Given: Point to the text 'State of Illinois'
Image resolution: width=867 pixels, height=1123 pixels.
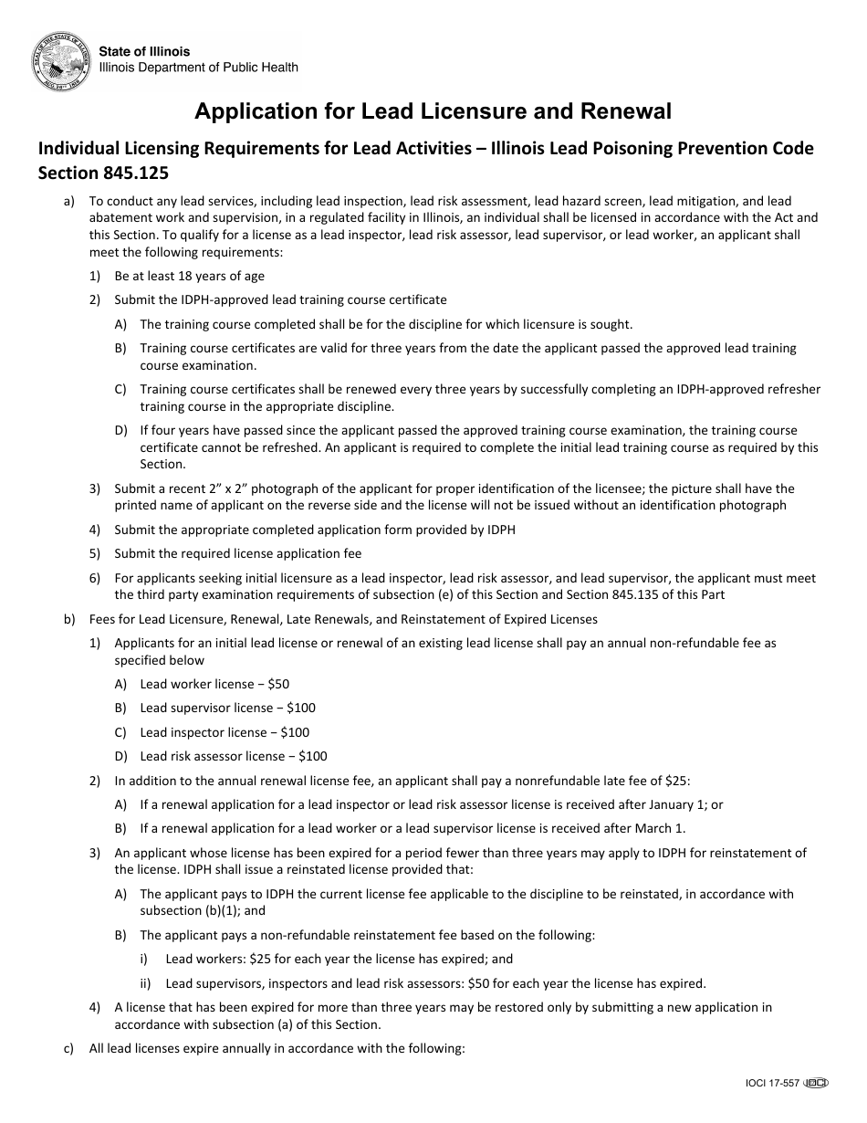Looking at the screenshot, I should (x=145, y=52).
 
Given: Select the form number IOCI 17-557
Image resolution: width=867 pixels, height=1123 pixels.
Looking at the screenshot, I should (x=772, y=1084).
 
